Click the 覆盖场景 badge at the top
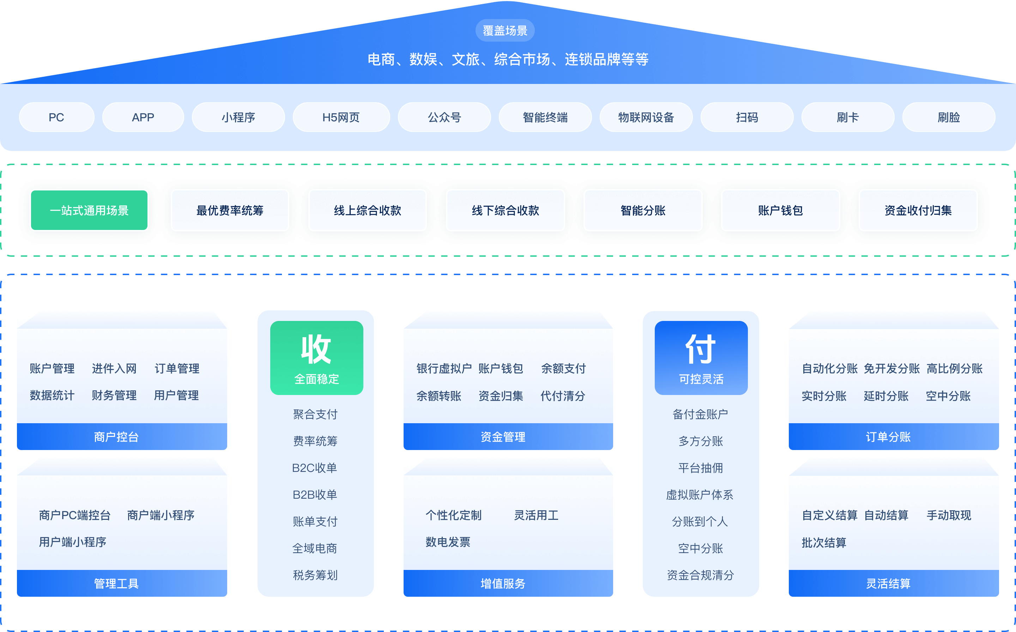click(x=505, y=31)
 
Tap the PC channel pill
click(x=56, y=117)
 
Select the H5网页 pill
click(x=341, y=117)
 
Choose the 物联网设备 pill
click(x=646, y=117)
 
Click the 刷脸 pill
click(x=949, y=117)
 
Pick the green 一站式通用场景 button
click(x=89, y=210)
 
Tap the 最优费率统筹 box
click(x=230, y=210)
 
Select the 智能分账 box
click(x=643, y=210)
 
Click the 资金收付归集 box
click(x=918, y=210)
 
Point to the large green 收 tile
click(x=316, y=357)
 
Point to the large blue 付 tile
click(x=701, y=357)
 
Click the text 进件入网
click(x=114, y=369)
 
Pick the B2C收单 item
click(x=315, y=468)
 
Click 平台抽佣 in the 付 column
click(x=701, y=468)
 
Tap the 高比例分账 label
click(x=955, y=369)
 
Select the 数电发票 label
click(x=448, y=542)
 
